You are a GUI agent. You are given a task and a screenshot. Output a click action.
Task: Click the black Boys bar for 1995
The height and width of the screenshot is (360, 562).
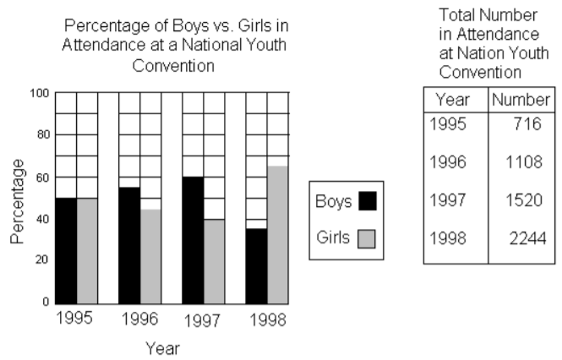click(x=66, y=250)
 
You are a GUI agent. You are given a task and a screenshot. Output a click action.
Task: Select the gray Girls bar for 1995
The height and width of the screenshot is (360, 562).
click(x=87, y=250)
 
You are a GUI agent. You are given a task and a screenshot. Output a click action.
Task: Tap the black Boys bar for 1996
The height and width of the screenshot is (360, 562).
click(x=129, y=245)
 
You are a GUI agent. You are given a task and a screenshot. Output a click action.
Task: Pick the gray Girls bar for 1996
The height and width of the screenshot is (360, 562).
click(x=150, y=256)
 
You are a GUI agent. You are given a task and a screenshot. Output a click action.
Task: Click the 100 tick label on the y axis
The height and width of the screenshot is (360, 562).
click(x=39, y=92)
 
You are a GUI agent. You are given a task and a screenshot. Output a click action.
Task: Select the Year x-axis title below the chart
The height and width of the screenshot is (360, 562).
click(x=161, y=347)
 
